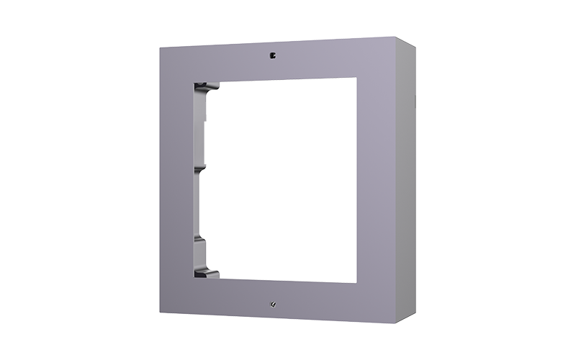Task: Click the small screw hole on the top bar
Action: (x=272, y=54)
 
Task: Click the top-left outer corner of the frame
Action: (x=161, y=48)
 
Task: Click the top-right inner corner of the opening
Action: (x=356, y=78)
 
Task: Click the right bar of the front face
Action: (x=374, y=180)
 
